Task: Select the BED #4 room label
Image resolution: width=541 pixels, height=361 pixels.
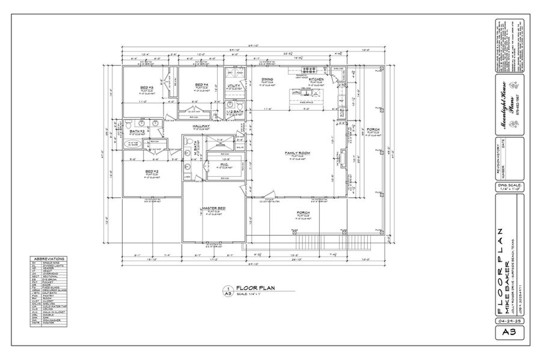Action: tap(202, 84)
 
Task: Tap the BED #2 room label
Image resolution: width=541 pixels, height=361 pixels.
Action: tap(151, 171)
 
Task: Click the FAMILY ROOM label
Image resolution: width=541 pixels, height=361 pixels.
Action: tap(297, 153)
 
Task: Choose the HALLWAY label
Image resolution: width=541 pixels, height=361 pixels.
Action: tap(201, 126)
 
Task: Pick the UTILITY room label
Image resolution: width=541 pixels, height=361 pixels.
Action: tap(233, 87)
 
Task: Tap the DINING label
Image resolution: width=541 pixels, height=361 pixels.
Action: tap(267, 79)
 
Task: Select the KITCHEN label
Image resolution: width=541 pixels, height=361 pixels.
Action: tap(317, 79)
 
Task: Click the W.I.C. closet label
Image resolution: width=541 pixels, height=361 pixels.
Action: tap(224, 164)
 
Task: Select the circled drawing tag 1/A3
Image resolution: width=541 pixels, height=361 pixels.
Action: tap(228, 291)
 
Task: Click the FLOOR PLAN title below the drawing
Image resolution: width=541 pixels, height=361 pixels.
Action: tap(255, 288)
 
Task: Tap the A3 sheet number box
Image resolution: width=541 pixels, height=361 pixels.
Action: tap(509, 332)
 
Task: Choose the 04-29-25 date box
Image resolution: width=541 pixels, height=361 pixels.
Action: tap(509, 322)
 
